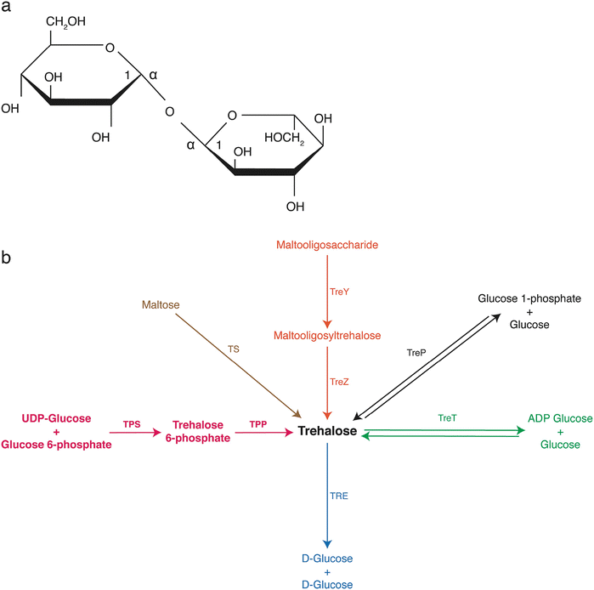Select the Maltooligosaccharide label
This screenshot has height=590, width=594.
[326, 245]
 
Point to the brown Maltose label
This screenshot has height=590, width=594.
[160, 304]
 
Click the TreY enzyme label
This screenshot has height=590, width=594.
[338, 290]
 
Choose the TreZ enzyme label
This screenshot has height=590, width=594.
[338, 383]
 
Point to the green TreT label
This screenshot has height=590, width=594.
[447, 418]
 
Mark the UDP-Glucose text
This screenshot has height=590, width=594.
[56, 419]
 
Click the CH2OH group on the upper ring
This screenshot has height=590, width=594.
[65, 21]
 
